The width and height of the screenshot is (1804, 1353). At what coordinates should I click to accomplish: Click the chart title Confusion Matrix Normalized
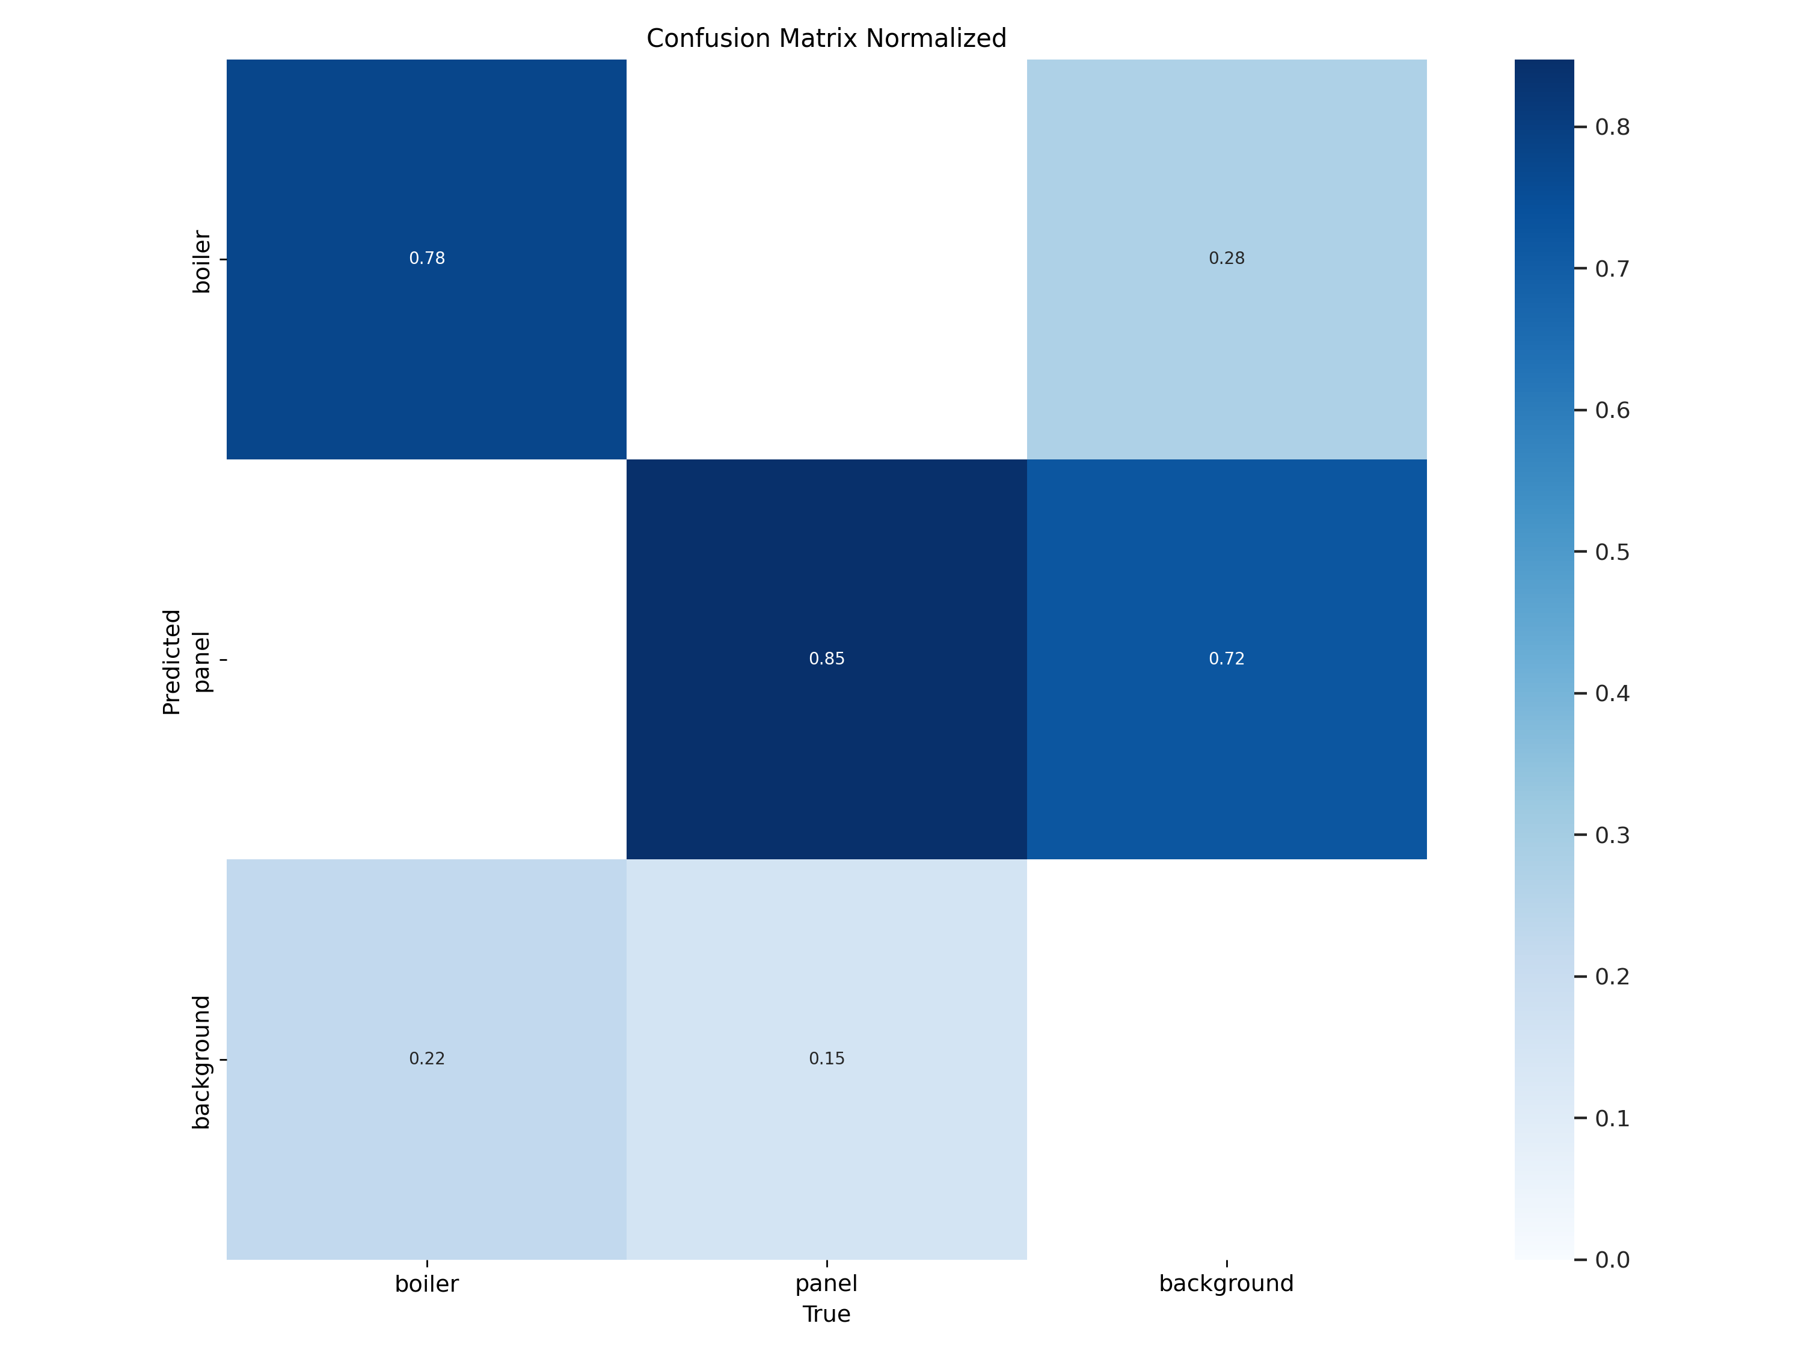click(x=826, y=38)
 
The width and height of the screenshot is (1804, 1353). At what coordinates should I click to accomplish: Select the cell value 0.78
click(x=426, y=259)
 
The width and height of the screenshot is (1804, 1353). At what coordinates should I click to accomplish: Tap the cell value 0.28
click(x=1226, y=259)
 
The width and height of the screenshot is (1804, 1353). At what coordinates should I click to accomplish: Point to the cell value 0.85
click(x=826, y=659)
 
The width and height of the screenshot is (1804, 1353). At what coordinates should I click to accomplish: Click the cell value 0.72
click(x=1226, y=659)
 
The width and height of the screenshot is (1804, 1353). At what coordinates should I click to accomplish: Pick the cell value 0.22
click(x=426, y=1058)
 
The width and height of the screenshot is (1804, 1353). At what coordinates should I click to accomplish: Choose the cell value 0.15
click(x=826, y=1058)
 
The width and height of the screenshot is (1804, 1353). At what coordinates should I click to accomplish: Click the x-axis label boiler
click(x=426, y=1284)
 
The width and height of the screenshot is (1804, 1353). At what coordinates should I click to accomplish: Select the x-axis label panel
click(x=826, y=1284)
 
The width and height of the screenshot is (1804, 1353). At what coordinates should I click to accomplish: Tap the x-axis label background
click(x=1226, y=1284)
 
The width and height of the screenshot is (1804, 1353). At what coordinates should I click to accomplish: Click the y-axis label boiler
click(x=201, y=262)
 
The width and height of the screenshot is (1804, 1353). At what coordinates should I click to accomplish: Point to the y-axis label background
click(x=201, y=1062)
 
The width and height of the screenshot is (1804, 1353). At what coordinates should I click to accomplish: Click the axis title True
click(x=826, y=1314)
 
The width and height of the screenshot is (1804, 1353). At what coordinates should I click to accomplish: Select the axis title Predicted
click(x=171, y=661)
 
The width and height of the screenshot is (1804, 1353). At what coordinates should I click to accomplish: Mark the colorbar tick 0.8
click(x=1612, y=127)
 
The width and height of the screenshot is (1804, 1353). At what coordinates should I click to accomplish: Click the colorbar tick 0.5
click(x=1612, y=552)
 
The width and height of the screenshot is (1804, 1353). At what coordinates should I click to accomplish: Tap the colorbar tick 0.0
click(x=1612, y=1260)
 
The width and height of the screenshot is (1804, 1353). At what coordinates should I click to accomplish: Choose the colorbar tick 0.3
click(x=1612, y=835)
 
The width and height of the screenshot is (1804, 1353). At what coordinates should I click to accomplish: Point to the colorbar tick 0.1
click(x=1612, y=1118)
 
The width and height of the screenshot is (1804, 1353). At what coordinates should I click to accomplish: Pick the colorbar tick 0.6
click(x=1612, y=410)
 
